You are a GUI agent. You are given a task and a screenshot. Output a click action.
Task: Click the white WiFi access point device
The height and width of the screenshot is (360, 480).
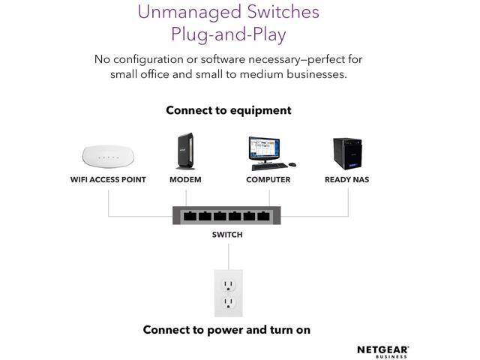coord(108,157)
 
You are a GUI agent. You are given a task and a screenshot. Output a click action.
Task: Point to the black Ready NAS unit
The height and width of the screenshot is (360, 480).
coord(347,154)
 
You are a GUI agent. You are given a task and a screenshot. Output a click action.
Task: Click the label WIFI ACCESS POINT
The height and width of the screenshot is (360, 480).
coord(108,180)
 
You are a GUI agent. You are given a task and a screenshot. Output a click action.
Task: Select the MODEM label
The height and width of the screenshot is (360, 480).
coord(185,180)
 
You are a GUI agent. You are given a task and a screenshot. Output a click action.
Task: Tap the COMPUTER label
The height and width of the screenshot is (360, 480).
coord(268,180)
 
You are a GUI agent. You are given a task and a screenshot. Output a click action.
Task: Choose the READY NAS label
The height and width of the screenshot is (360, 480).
coord(346,180)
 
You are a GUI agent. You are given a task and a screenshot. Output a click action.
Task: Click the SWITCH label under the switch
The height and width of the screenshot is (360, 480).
coord(227,235)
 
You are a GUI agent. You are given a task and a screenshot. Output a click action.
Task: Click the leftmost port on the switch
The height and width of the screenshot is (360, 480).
coord(190,217)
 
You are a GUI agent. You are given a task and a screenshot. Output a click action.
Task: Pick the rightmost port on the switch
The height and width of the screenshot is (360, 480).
coord(262,217)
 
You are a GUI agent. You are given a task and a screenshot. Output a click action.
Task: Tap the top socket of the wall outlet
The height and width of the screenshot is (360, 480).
coord(228,283)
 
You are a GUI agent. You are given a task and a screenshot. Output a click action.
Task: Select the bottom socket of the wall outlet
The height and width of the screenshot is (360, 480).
coord(228,303)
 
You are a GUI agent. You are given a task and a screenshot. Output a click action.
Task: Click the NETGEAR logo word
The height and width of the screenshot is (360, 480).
coord(382,349)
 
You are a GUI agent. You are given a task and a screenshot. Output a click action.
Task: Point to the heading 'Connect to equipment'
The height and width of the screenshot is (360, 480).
coord(228,110)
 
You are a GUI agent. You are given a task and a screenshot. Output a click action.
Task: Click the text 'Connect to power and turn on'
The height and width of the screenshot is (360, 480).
coord(226,329)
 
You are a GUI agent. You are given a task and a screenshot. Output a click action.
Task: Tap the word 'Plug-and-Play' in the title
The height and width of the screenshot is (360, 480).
coord(229,34)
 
